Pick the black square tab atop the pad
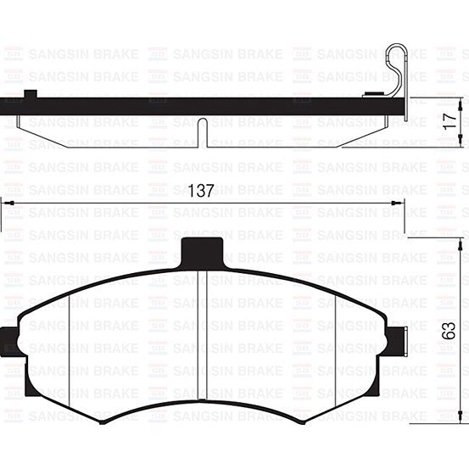(x=203, y=252)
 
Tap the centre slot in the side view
(x=201, y=131)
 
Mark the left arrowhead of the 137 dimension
(x=5, y=203)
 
